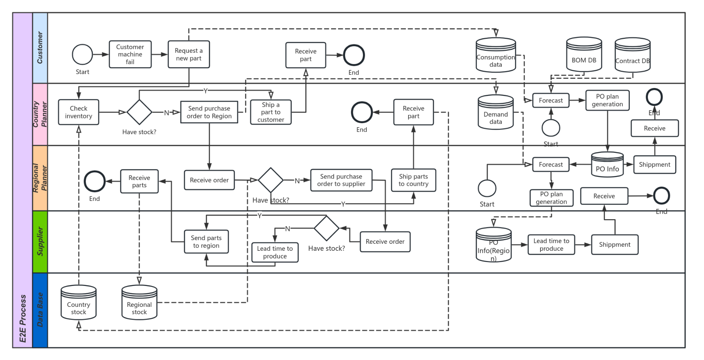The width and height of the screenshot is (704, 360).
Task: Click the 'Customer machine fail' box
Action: click(x=130, y=54)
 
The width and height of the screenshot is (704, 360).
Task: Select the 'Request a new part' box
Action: click(x=188, y=54)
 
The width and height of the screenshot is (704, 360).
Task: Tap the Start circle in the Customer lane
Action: click(x=82, y=55)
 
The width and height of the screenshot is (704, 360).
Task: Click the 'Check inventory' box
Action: click(x=78, y=112)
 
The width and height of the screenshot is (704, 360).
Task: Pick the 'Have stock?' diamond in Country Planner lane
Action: click(x=139, y=112)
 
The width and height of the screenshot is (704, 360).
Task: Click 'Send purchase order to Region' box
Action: click(x=209, y=112)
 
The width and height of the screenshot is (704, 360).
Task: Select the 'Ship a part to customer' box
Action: click(x=271, y=112)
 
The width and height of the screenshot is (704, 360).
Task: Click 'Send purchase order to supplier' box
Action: click(x=341, y=180)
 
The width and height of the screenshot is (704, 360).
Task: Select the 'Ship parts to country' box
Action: click(x=413, y=180)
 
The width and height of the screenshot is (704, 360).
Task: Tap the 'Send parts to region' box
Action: click(x=206, y=242)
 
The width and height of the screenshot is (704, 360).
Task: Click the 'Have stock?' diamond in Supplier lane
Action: click(x=326, y=228)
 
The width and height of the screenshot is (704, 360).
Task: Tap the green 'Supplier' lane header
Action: click(x=40, y=242)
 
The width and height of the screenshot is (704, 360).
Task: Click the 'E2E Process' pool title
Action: click(x=22, y=180)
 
